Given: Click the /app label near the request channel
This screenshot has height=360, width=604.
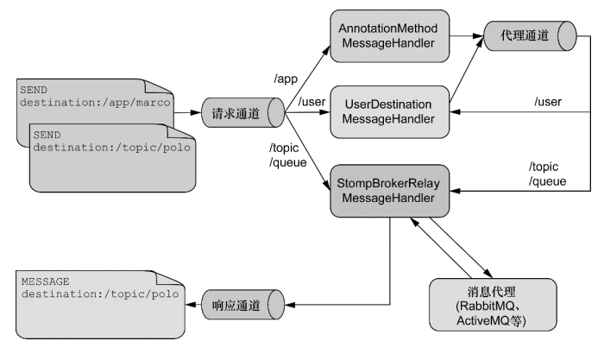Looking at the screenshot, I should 286,79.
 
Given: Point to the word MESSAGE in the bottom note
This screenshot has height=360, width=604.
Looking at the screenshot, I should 47,281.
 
